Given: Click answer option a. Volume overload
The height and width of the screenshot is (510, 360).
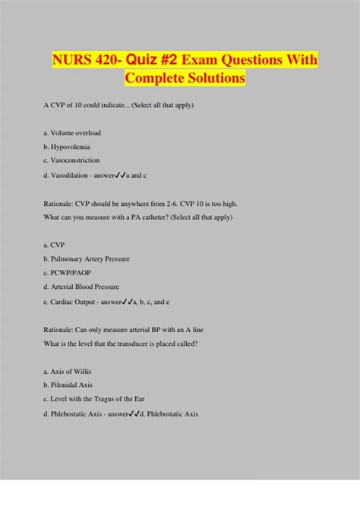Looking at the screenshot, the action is pos(72,133).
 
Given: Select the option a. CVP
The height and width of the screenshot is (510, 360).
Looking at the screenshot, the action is pos(54,245).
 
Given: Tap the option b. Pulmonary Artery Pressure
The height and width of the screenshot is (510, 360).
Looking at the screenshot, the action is pos(87,259).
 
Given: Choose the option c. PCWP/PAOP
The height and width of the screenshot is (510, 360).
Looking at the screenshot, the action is pos(66,273).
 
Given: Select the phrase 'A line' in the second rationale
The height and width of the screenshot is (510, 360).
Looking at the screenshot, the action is pos(194,329).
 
